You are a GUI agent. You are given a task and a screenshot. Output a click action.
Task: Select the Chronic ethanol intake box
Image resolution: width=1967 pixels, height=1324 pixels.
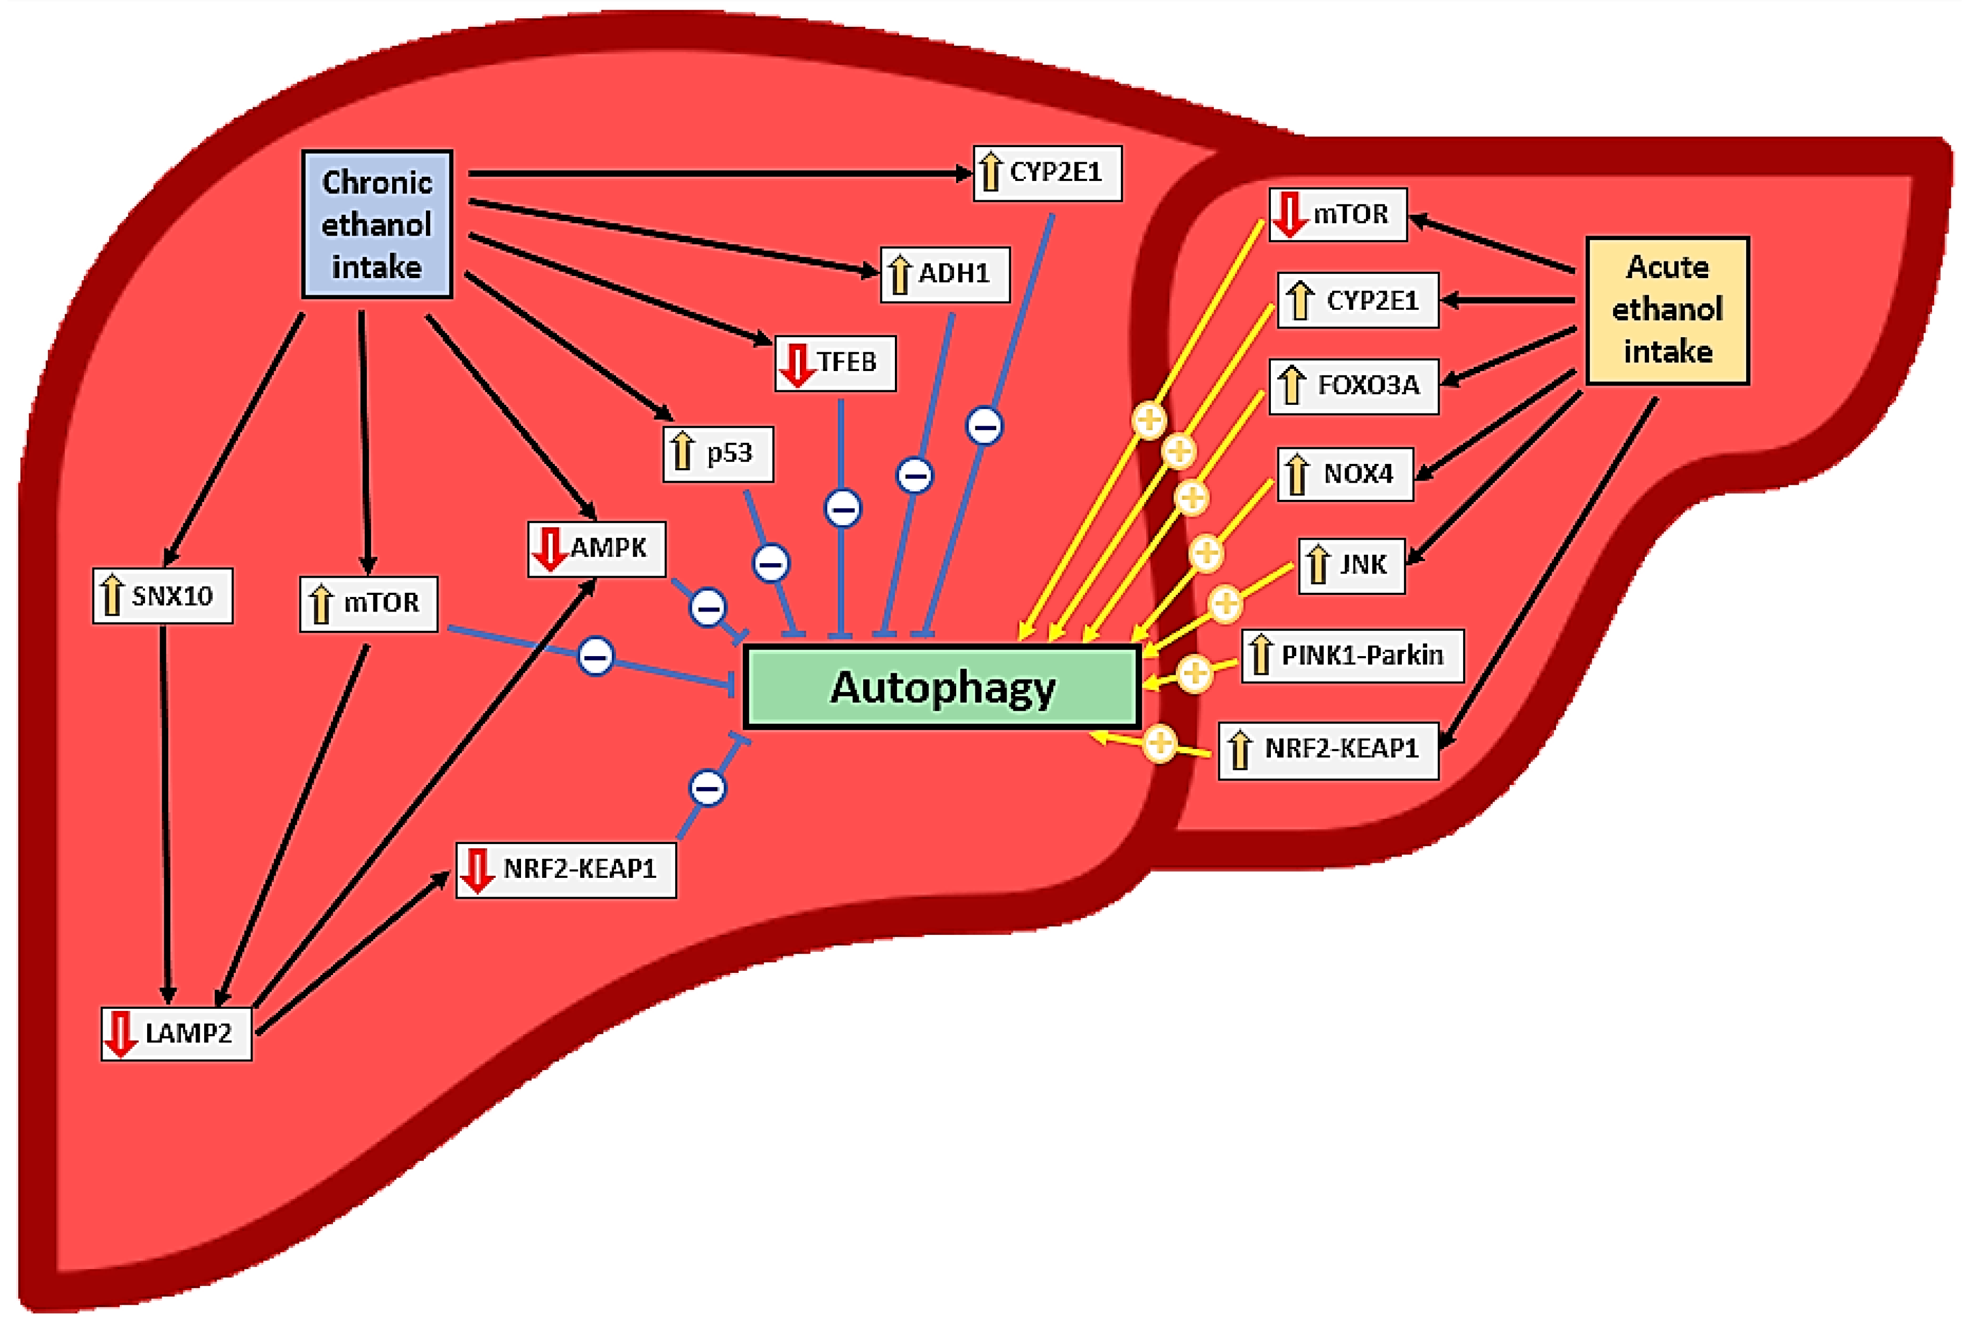pyautogui.click(x=377, y=224)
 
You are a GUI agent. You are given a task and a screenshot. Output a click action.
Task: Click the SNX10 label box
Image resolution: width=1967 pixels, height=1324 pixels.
pyautogui.click(x=162, y=596)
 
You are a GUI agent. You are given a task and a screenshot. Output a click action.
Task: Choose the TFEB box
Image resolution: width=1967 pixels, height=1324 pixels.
pyautogui.click(x=834, y=363)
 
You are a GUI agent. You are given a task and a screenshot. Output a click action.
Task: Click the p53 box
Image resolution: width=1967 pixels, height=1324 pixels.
pyautogui.click(x=718, y=454)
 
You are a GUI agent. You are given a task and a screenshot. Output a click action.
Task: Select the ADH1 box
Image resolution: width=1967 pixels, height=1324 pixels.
pyautogui.click(x=944, y=274)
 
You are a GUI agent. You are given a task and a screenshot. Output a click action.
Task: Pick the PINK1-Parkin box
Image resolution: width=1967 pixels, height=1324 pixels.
pyautogui.click(x=1351, y=655)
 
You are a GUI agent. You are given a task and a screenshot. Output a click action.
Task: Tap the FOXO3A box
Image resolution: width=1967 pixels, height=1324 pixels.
pyautogui.click(x=1353, y=386)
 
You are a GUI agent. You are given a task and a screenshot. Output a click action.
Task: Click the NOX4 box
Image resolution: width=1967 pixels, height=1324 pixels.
pyautogui.click(x=1344, y=474)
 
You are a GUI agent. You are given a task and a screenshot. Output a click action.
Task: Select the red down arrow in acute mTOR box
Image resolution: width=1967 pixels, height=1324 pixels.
pyautogui.click(x=1289, y=214)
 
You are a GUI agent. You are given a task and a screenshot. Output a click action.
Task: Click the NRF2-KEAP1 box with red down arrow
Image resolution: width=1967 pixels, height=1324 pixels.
pyautogui.click(x=565, y=869)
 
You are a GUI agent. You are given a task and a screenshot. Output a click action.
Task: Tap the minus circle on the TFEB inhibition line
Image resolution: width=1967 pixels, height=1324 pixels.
pyautogui.click(x=842, y=508)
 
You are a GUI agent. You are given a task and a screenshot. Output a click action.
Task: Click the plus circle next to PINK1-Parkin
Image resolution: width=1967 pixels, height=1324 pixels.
pyautogui.click(x=1194, y=673)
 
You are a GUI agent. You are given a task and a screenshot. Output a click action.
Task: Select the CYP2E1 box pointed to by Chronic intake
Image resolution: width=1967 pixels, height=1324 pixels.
pyautogui.click(x=1047, y=173)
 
